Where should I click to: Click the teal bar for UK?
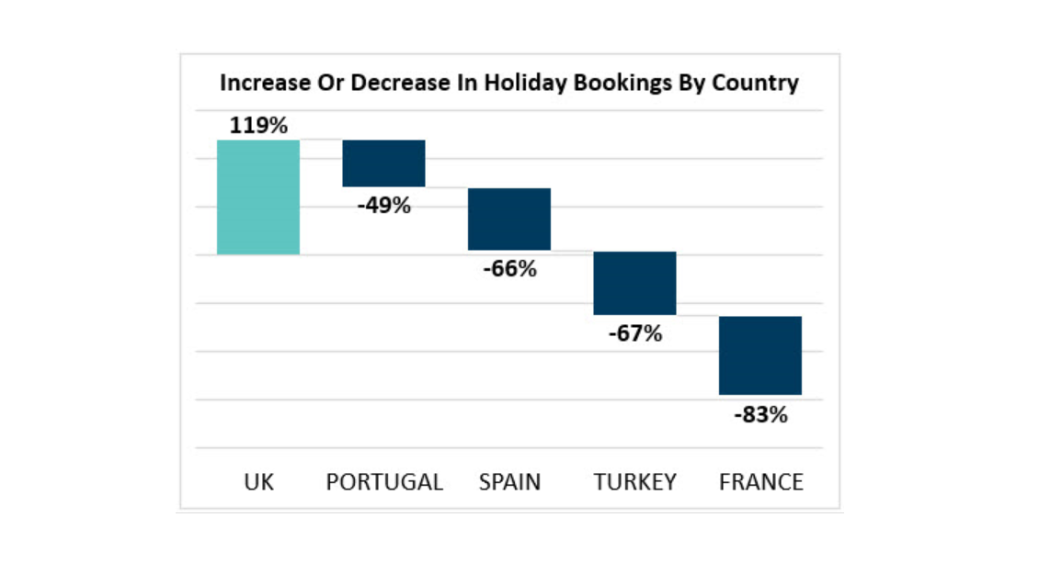[x=258, y=197]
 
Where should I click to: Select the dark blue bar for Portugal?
[x=383, y=163]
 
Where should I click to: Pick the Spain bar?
[x=509, y=219]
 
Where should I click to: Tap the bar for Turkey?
[x=634, y=283]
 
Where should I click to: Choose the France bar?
[x=760, y=355]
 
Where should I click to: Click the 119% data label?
[x=258, y=126]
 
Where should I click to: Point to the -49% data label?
[x=383, y=205]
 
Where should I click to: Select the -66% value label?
[x=509, y=269]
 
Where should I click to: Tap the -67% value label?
[x=634, y=333]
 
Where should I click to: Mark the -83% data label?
[x=760, y=414]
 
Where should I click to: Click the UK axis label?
[x=259, y=482]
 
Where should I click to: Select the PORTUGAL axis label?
[x=384, y=482]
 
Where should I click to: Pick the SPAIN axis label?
[x=509, y=482]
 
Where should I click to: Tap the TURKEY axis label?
[x=634, y=482]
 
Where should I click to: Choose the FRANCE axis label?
[x=760, y=482]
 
